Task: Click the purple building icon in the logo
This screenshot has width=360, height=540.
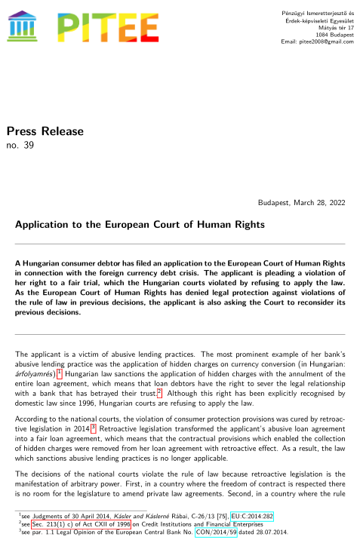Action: click(x=26, y=26)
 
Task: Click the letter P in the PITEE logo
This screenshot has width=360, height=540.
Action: click(x=73, y=26)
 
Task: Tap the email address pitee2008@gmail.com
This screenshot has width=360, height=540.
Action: click(x=325, y=41)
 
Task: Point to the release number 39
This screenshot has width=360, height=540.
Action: click(x=29, y=145)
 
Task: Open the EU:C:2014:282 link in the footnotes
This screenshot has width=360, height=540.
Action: click(x=252, y=517)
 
